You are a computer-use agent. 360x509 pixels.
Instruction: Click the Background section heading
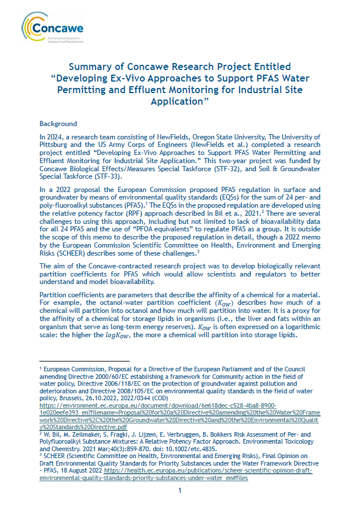point(58,124)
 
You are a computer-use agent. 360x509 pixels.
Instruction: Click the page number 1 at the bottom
point(180,491)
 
